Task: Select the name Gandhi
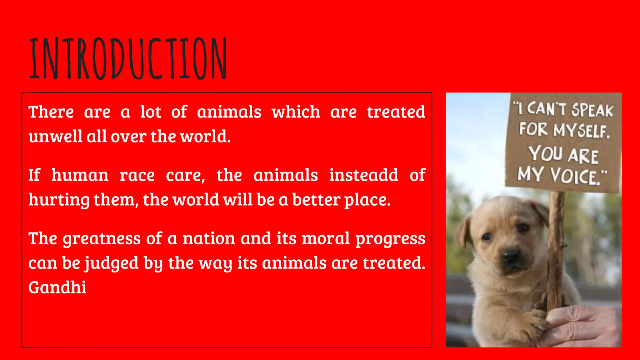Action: pyautogui.click(x=57, y=287)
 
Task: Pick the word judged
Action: pyautogui.click(x=112, y=263)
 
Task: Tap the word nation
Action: pyautogui.click(x=208, y=239)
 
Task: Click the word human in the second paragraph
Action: pyautogui.click(x=80, y=175)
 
